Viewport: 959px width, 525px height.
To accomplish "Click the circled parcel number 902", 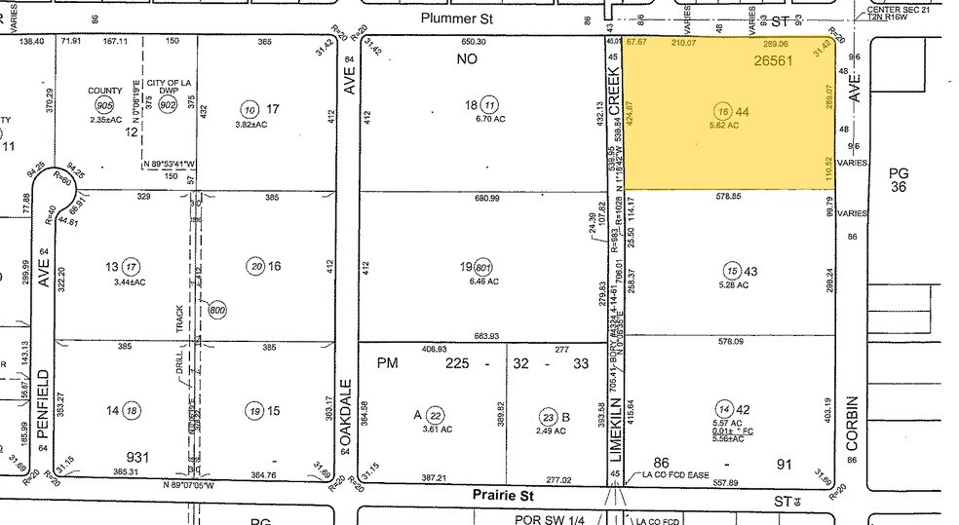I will click(168, 104).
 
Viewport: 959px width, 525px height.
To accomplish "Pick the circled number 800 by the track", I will click(216, 310).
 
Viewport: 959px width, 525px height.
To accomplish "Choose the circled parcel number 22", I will click(437, 414).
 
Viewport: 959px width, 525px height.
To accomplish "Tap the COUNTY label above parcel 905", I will click(105, 91).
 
